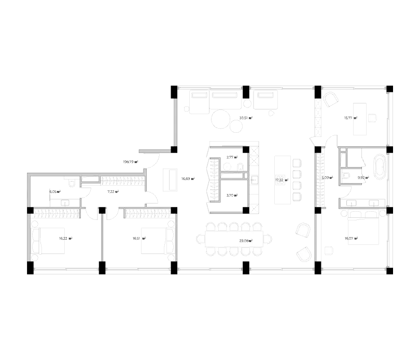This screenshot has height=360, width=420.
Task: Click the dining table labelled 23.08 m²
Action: click(x=234, y=239)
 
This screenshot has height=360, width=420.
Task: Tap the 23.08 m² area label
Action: click(x=245, y=241)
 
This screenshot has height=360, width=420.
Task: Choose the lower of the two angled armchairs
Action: click(x=303, y=255)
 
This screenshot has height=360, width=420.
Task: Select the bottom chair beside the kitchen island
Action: click(x=297, y=197)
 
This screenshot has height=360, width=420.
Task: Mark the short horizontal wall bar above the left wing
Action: click(x=154, y=151)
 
